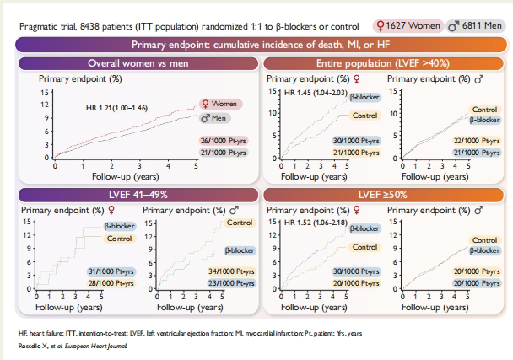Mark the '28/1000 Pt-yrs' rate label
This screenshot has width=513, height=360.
coord(111,282)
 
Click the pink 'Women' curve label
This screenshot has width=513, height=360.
coord(217,104)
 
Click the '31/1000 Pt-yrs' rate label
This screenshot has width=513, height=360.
coord(111,271)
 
